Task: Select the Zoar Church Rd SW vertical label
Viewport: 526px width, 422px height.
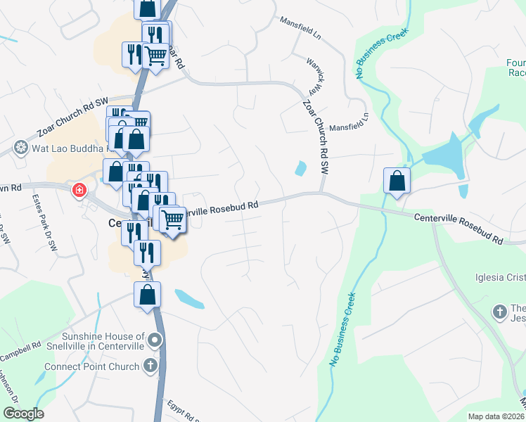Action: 315,138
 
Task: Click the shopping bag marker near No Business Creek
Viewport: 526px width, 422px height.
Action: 397,181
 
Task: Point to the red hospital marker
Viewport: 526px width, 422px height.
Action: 79,190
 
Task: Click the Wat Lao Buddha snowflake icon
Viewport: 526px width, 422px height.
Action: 20,148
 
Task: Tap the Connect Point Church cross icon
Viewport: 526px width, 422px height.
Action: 150,366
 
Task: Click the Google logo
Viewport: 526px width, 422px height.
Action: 23,414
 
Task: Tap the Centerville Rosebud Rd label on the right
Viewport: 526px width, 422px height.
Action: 458,229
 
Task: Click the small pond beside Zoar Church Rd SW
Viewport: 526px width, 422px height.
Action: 301,169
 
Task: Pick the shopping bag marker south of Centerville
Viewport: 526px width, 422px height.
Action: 148,295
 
